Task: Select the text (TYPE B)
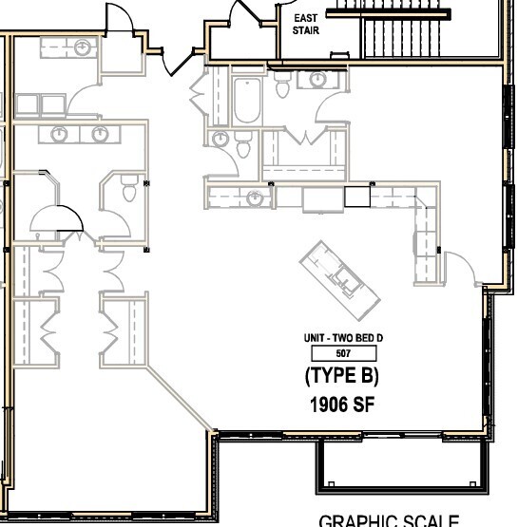tap(342, 376)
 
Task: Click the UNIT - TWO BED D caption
tap(342, 338)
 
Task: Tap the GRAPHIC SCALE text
tap(390, 519)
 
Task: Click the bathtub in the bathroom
tap(247, 102)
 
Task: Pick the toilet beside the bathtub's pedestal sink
tap(242, 145)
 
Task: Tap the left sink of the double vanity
tap(60, 134)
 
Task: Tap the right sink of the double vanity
tap(100, 134)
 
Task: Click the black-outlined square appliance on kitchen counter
tap(355, 197)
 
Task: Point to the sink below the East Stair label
tap(314, 80)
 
